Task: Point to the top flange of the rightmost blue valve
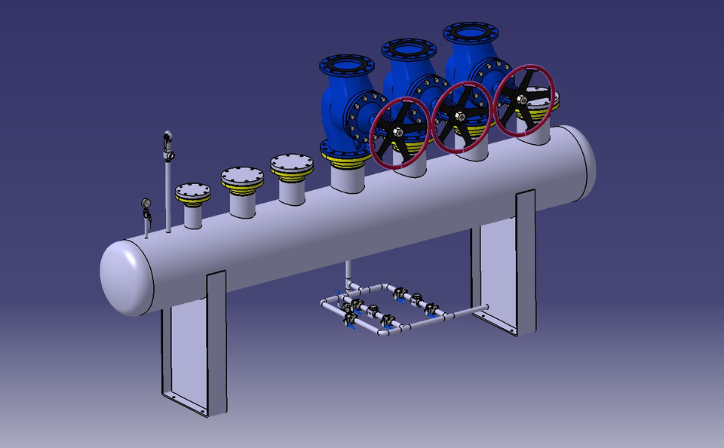tap(471, 33)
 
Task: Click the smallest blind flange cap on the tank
tap(193, 190)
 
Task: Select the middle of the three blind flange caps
tap(242, 176)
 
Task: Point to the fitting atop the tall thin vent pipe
tap(167, 139)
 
